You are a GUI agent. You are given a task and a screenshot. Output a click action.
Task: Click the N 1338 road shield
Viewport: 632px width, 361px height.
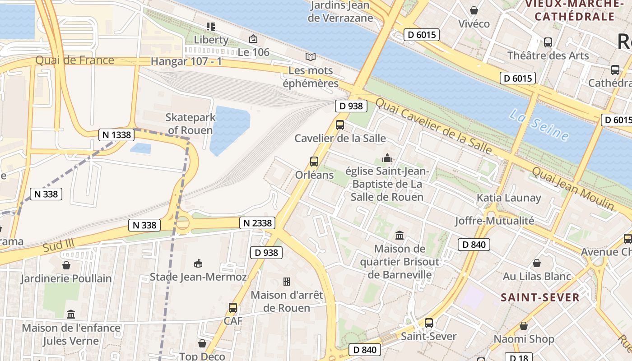click(x=116, y=134)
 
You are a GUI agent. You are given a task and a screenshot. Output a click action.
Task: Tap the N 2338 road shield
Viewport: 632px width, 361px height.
click(x=257, y=222)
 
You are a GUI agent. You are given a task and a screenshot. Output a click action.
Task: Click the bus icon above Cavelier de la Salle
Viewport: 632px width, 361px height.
click(x=340, y=125)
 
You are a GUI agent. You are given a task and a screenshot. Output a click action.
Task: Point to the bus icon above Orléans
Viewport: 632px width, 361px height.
click(x=314, y=162)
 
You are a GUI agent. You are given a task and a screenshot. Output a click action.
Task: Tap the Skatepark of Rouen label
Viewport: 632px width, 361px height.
click(x=190, y=124)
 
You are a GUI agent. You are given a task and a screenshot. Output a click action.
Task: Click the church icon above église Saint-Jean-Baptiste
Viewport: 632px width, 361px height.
click(x=387, y=158)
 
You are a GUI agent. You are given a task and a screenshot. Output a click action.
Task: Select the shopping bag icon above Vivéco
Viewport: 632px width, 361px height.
click(x=474, y=10)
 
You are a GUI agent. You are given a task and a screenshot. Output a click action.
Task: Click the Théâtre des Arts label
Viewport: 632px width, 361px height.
click(x=548, y=56)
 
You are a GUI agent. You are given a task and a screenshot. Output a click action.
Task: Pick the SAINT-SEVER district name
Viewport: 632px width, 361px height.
click(x=540, y=297)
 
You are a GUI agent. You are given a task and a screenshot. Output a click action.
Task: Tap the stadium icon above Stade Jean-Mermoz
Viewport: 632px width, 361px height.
click(x=198, y=263)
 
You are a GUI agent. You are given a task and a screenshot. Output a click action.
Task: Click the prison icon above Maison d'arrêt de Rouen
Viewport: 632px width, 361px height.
click(x=287, y=282)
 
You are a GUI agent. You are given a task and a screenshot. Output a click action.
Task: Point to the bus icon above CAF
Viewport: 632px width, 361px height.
click(x=233, y=308)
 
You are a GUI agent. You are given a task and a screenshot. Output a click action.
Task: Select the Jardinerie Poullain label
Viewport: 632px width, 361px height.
click(x=66, y=278)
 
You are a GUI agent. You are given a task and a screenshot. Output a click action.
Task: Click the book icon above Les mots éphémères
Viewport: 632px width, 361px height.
click(x=310, y=57)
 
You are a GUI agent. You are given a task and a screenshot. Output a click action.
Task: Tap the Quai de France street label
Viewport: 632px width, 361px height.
click(x=74, y=60)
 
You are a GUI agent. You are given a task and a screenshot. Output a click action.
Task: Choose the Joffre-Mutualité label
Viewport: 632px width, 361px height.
click(x=494, y=221)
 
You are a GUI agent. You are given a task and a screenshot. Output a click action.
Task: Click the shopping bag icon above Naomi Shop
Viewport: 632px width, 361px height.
click(x=524, y=326)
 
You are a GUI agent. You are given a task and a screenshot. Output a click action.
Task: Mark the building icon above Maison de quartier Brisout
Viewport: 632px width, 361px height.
click(x=400, y=235)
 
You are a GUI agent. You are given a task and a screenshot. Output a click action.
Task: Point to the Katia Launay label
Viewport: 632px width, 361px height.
click(x=509, y=198)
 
